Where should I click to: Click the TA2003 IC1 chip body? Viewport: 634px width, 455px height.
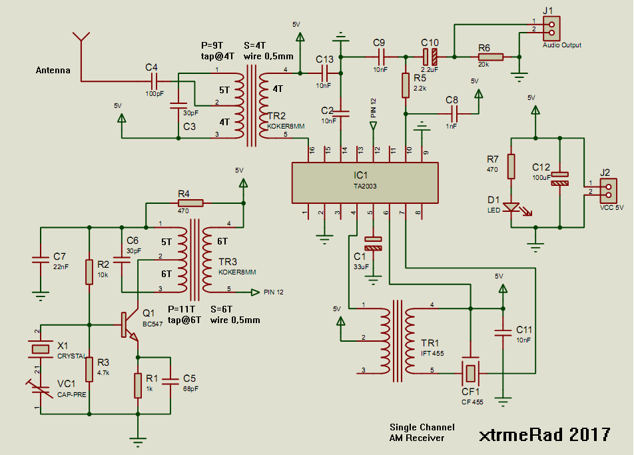point(365,182)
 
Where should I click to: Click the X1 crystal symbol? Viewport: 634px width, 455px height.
point(41,348)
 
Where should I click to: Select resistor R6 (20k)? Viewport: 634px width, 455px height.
point(489,57)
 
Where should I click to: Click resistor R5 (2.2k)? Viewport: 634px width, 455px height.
point(405,85)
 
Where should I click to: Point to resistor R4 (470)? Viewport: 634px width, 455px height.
point(191,203)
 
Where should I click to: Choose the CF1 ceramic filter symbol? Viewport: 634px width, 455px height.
point(471,371)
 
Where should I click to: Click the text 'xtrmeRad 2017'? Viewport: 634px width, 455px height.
point(544,434)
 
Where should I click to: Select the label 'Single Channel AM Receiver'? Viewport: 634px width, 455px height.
point(423,432)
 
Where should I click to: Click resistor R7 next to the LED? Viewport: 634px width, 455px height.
point(511,167)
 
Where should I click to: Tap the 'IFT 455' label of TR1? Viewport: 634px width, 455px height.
point(433,354)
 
